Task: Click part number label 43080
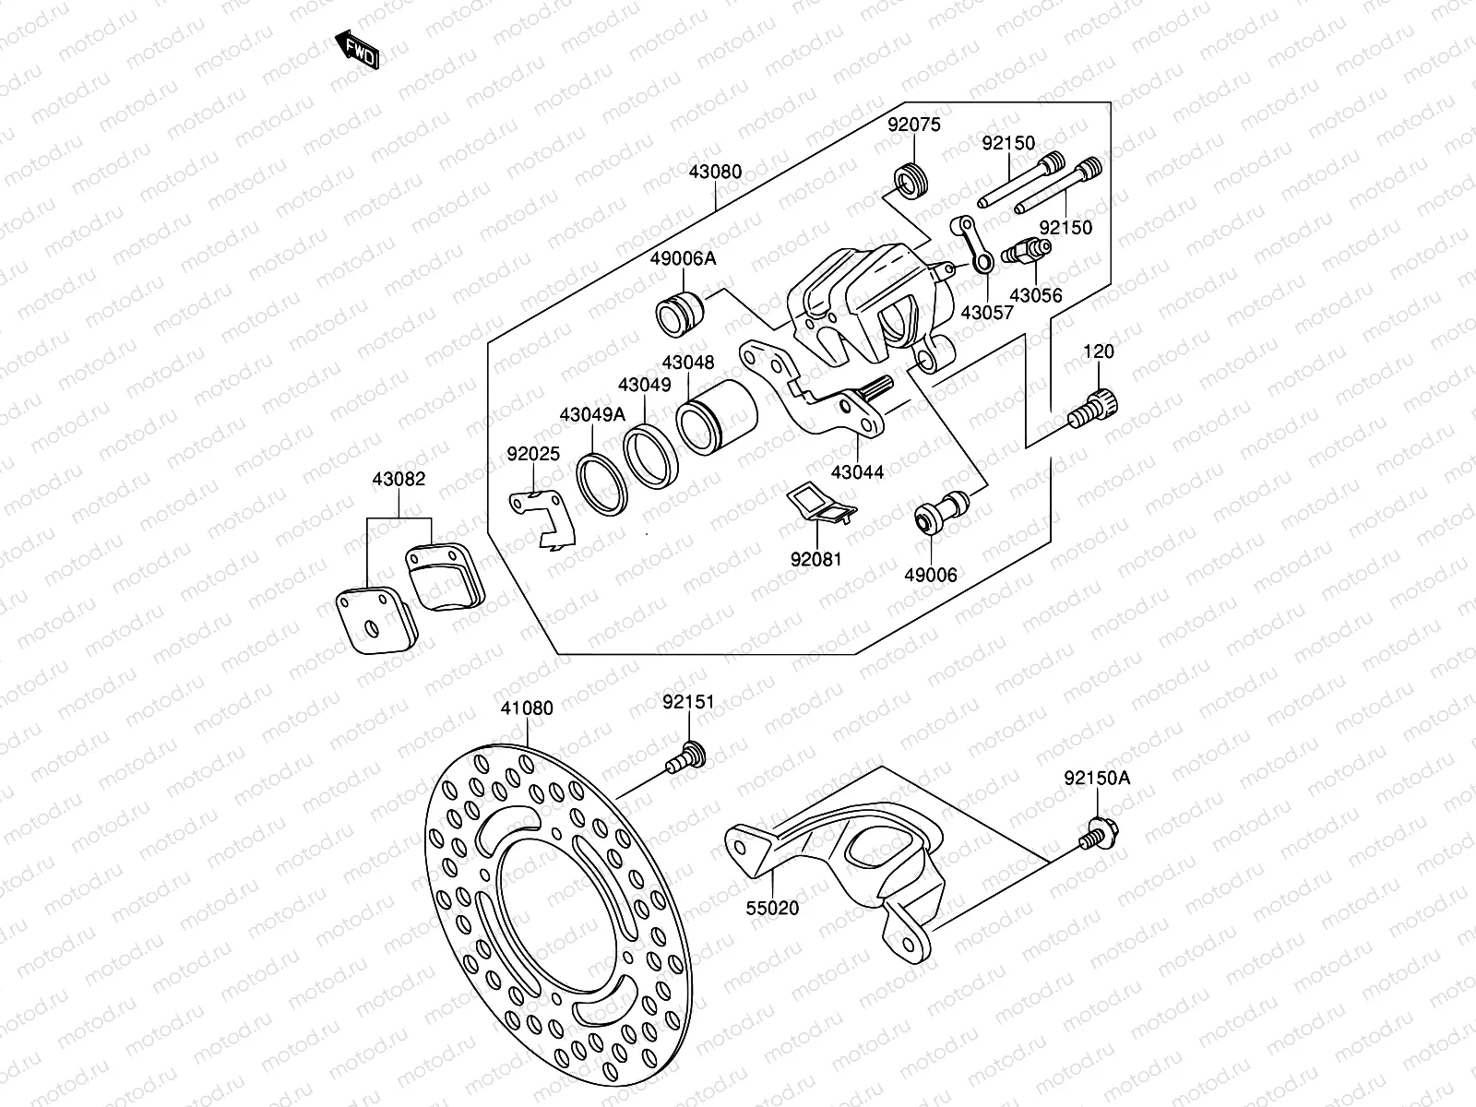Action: tap(715, 172)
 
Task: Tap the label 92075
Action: tap(914, 125)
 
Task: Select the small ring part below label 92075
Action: tap(913, 180)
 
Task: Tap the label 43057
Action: tap(986, 312)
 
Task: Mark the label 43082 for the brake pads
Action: tap(399, 480)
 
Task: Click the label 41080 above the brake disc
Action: tap(527, 708)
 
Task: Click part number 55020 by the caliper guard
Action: tap(772, 908)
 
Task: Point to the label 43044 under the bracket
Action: tap(857, 472)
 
